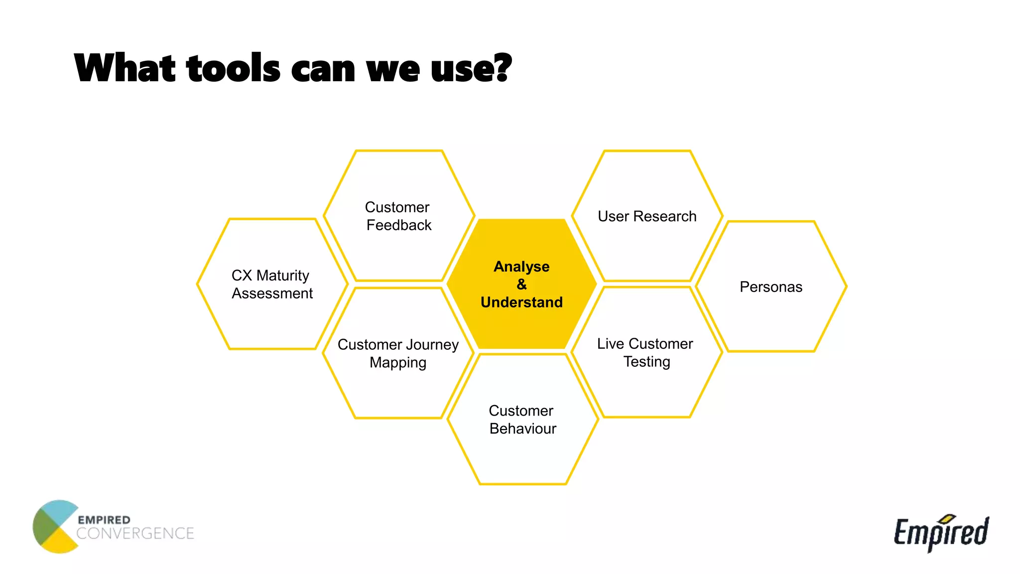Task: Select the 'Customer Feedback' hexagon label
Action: [x=398, y=216]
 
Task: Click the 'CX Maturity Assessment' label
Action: [x=271, y=285]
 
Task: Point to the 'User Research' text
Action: [x=646, y=216]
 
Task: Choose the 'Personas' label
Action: [x=770, y=287]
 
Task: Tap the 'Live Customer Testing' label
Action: [x=645, y=352]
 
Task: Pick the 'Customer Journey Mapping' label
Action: [x=398, y=353]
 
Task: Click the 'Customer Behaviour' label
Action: [x=522, y=420]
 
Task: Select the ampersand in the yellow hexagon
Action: [x=521, y=285]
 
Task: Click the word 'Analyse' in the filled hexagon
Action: [x=521, y=267]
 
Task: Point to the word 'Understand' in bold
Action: [x=521, y=302]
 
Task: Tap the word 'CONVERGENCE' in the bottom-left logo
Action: [x=135, y=534]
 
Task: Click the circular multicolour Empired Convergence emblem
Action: [x=55, y=527]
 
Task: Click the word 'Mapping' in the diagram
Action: [x=398, y=363]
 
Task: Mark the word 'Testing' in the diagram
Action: [x=646, y=362]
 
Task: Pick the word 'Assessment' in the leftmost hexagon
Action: [x=272, y=293]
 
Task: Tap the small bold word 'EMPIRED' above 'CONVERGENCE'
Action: [x=104, y=520]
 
